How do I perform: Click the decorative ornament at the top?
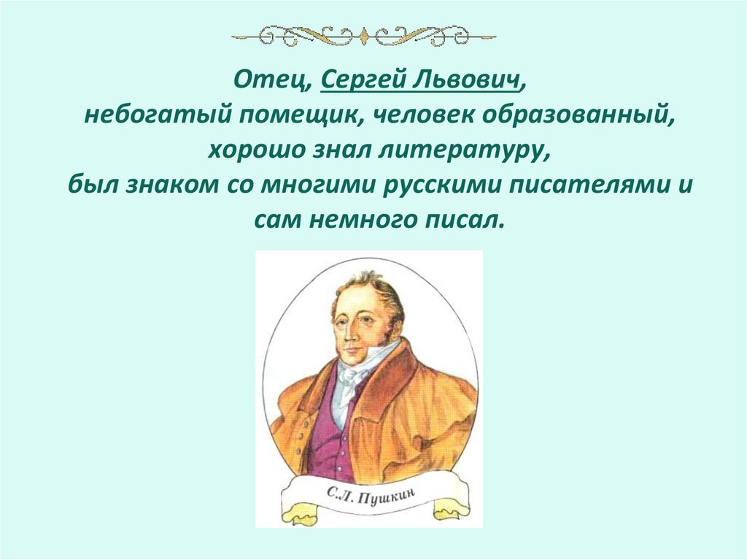click(368, 34)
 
